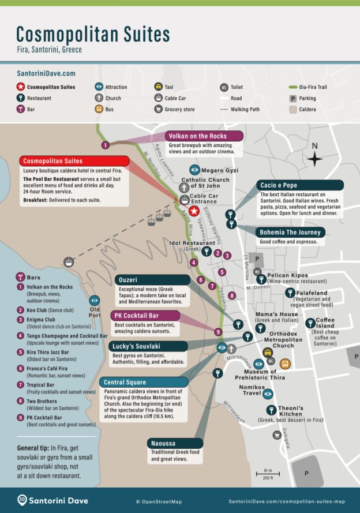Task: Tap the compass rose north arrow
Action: click(x=314, y=156)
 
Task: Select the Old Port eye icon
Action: click(x=95, y=301)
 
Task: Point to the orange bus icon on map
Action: click(x=284, y=364)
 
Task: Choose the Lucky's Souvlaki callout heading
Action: click(x=148, y=346)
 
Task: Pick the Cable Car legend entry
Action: click(x=175, y=98)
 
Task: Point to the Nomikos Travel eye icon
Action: click(x=268, y=394)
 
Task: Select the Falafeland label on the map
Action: click(x=314, y=293)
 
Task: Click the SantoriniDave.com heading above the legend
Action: click(x=46, y=74)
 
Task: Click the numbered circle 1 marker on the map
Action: click(x=105, y=145)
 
